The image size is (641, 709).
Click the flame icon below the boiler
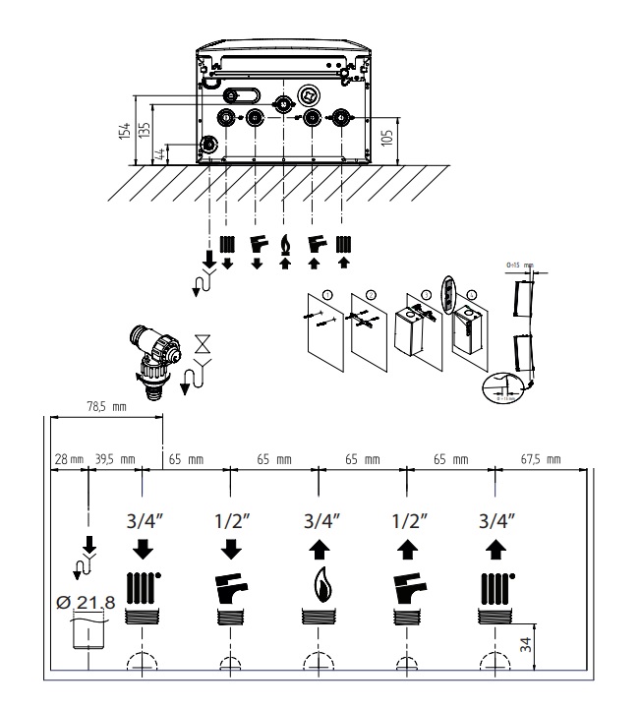[286, 241]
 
